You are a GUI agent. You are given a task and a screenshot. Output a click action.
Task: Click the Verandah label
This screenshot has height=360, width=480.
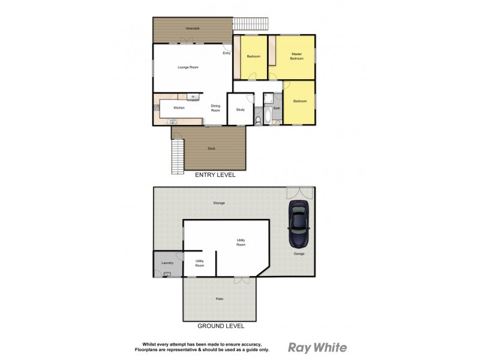click(x=193, y=28)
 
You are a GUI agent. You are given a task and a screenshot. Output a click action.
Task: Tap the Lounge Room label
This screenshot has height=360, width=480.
click(x=188, y=67)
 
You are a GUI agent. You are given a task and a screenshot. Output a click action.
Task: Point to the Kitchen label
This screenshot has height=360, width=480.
click(x=179, y=108)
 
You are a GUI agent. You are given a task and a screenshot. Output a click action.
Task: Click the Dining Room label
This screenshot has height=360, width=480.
click(x=215, y=108)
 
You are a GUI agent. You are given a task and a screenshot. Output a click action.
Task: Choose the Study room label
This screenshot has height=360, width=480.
click(x=240, y=109)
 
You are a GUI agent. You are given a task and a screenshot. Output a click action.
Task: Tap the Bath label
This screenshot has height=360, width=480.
click(x=277, y=108)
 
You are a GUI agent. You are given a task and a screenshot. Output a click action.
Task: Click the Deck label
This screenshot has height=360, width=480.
click(x=211, y=148)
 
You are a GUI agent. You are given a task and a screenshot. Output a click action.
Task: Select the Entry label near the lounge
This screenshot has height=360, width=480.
click(x=226, y=53)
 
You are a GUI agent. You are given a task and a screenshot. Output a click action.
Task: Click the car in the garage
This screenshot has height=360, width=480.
click(x=298, y=224)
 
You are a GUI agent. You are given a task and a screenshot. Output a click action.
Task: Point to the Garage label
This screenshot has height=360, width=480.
click(x=299, y=254)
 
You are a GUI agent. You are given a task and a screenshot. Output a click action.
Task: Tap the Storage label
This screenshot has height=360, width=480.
click(x=219, y=203)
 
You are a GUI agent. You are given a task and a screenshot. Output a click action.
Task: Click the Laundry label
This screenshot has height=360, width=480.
click(x=167, y=263)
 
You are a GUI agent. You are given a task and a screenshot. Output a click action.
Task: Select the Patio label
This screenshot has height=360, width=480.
click(x=220, y=299)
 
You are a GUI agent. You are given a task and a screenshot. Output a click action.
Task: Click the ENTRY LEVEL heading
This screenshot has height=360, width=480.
click(x=215, y=176)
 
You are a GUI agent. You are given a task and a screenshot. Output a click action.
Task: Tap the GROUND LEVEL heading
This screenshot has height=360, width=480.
click(x=221, y=326)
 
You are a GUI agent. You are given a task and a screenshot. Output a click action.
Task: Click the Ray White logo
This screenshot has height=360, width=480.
click(x=317, y=347)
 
